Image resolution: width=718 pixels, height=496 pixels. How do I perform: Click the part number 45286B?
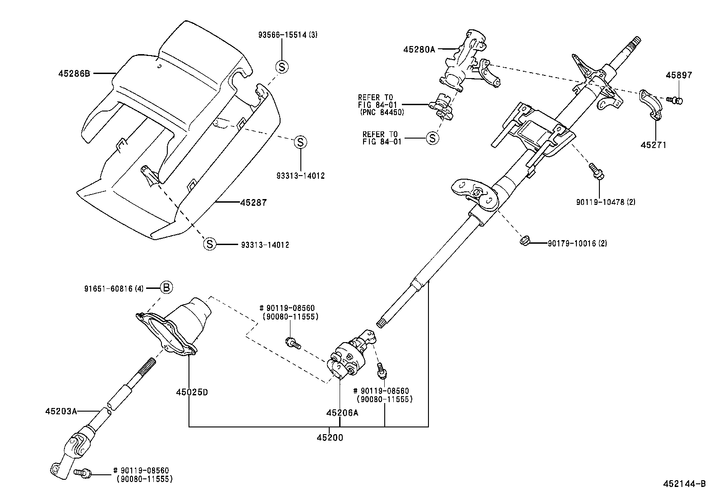(x=74, y=73)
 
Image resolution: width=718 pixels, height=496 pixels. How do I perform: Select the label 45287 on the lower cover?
(x=253, y=203)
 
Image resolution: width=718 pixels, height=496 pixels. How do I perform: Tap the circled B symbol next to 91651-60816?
(x=166, y=287)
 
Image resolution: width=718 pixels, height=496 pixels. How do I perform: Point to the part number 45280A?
(x=419, y=49)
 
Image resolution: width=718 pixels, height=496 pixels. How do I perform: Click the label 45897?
(x=678, y=75)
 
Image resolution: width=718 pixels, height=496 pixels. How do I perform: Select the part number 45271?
(x=653, y=145)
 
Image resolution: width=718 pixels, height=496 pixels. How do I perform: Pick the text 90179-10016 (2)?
(x=577, y=244)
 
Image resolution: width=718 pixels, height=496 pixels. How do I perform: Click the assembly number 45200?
(x=329, y=437)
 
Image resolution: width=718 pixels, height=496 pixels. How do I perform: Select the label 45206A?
(x=342, y=412)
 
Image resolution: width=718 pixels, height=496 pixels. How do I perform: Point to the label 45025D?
(x=192, y=392)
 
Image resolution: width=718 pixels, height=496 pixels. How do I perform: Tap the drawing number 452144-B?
(x=684, y=484)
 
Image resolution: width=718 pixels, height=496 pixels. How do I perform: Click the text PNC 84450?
(x=382, y=112)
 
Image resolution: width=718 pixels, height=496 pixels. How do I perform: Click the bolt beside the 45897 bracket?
(x=675, y=100)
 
